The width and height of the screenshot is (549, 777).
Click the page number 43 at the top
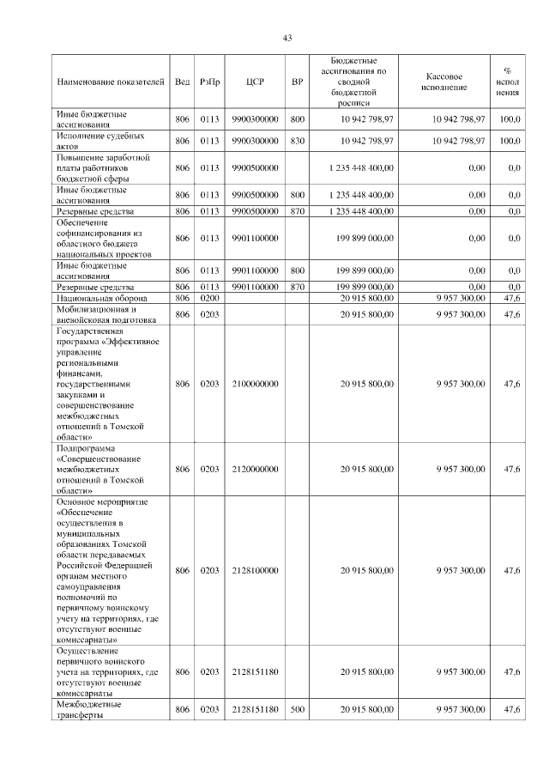click(x=287, y=37)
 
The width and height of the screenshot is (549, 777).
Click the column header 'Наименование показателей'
click(x=110, y=82)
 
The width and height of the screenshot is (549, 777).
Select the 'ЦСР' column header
click(x=255, y=82)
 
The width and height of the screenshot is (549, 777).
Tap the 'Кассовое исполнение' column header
click(x=444, y=82)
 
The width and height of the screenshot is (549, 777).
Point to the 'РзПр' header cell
click(x=209, y=82)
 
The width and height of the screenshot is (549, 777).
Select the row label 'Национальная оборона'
click(x=101, y=297)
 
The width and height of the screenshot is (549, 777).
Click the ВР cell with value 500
click(x=298, y=710)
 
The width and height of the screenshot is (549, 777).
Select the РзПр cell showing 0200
click(x=209, y=297)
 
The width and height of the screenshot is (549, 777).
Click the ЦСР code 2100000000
click(x=255, y=385)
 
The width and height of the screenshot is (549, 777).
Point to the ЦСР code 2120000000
click(x=255, y=470)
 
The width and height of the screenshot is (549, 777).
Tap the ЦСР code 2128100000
click(x=255, y=570)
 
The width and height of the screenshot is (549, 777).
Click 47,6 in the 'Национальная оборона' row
click(x=512, y=297)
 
